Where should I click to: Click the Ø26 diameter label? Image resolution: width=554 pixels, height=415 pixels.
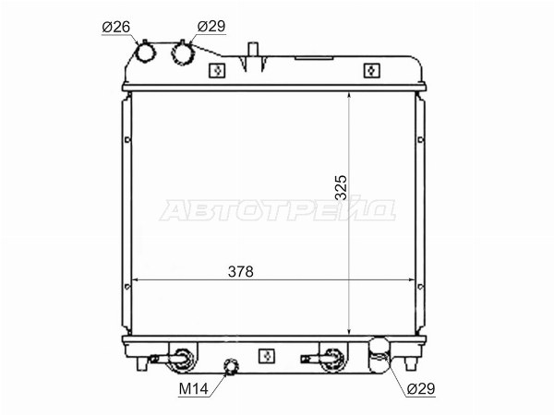pyautogui.click(x=116, y=27)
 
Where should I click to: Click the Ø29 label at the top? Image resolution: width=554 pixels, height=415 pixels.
pyautogui.click(x=211, y=26)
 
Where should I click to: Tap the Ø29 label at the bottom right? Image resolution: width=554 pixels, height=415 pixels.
pyautogui.click(x=421, y=388)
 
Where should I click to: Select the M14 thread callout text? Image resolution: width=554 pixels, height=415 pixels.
pyautogui.click(x=193, y=389)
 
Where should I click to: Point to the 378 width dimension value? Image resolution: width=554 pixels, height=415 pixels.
pyautogui.click(x=241, y=271)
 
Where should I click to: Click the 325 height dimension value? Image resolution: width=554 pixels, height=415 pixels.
pyautogui.click(x=342, y=187)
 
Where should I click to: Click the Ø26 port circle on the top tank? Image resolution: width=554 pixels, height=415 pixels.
pyautogui.click(x=145, y=53)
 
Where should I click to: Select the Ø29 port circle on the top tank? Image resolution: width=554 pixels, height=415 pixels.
pyautogui.click(x=182, y=53)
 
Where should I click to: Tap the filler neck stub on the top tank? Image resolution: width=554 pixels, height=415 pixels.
pyautogui.click(x=253, y=49)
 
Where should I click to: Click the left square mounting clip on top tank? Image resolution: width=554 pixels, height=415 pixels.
pyautogui.click(x=217, y=71)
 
